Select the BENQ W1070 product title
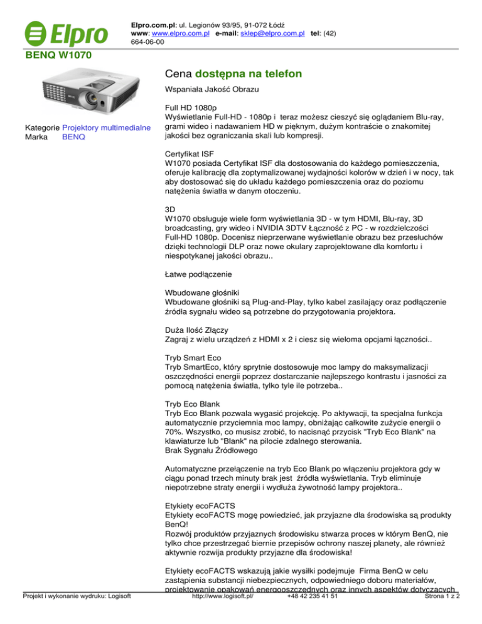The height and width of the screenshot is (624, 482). click(x=58, y=56)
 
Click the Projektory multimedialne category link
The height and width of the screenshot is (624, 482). click(x=107, y=129)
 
